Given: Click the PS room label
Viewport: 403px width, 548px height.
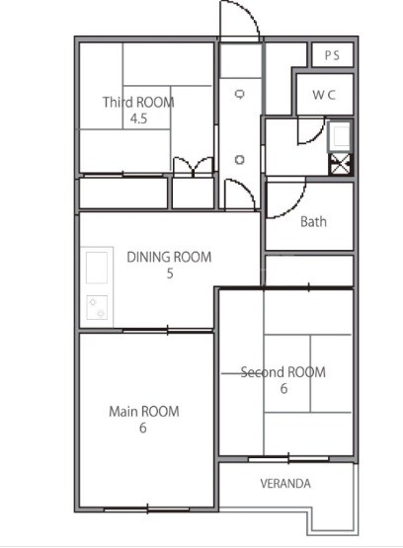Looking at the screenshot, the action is click(x=332, y=55).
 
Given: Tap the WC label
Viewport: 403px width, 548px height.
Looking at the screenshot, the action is click(x=324, y=95).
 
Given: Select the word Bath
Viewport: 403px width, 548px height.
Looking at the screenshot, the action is click(x=313, y=221).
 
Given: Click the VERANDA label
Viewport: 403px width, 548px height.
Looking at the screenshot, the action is click(x=285, y=484).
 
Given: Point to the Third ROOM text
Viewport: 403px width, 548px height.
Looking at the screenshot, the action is click(x=138, y=102).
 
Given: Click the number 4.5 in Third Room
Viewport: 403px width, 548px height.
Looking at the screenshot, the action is click(x=138, y=118).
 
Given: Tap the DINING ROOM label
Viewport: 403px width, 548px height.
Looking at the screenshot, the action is click(x=169, y=257).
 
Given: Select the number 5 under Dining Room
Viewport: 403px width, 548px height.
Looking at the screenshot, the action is click(x=170, y=274).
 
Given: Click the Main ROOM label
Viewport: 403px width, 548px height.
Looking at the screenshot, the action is click(x=144, y=412).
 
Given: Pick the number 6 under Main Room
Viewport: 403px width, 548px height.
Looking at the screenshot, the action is click(x=143, y=428).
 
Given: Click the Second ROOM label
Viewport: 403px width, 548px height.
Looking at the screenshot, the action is click(x=283, y=372).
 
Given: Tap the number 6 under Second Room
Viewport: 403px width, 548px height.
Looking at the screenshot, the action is click(x=283, y=388).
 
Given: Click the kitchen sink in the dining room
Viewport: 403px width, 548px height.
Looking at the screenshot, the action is click(x=97, y=268).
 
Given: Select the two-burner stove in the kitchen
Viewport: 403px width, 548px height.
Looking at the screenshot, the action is click(x=97, y=307).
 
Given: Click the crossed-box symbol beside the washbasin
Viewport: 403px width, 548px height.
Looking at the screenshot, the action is click(x=340, y=164).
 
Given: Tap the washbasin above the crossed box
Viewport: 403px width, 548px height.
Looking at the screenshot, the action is click(x=339, y=136).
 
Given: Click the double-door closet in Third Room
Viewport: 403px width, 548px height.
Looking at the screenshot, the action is click(x=194, y=167).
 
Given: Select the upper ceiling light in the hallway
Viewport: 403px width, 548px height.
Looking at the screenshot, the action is click(x=240, y=94).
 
